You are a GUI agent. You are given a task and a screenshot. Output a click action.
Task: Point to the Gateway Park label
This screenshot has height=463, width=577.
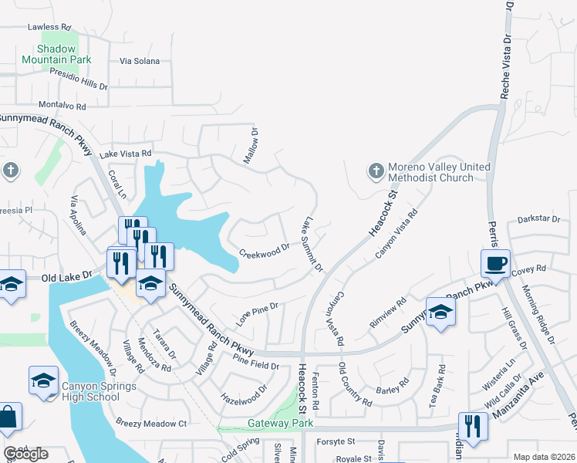point(281,424)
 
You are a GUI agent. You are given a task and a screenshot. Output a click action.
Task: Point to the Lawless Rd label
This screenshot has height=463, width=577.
point(49,26)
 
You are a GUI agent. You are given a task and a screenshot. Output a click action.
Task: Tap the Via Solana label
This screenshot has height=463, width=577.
point(140,61)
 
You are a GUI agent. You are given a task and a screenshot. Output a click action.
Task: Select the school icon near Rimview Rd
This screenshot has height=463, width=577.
point(440,312)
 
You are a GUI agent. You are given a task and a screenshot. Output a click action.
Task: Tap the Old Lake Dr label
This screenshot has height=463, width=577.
point(67,275)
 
